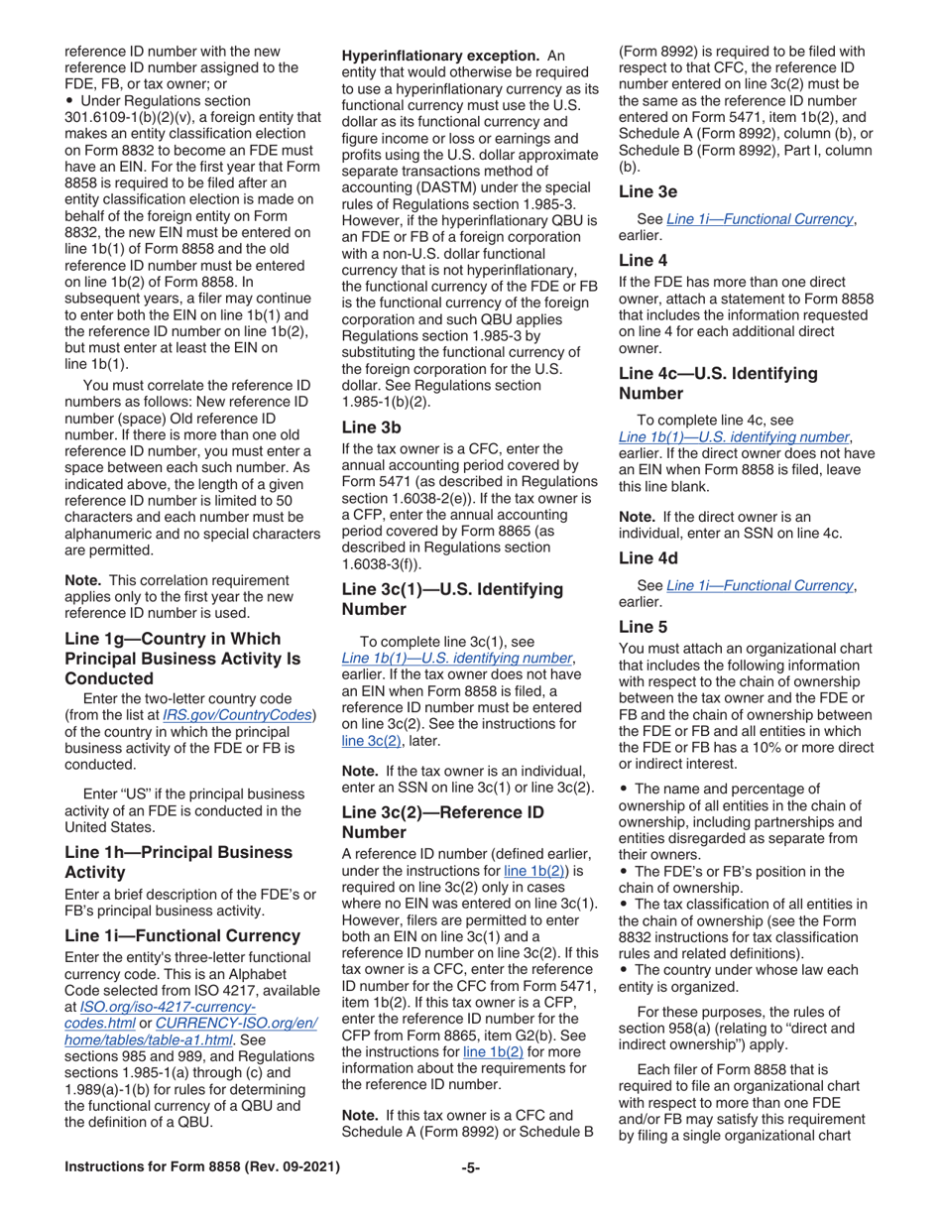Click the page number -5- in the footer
[x=471, y=1167]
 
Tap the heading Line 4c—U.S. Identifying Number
[x=718, y=383]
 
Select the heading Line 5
[x=643, y=626]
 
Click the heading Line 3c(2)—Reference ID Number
[x=442, y=821]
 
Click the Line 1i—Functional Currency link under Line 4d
[x=760, y=585]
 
